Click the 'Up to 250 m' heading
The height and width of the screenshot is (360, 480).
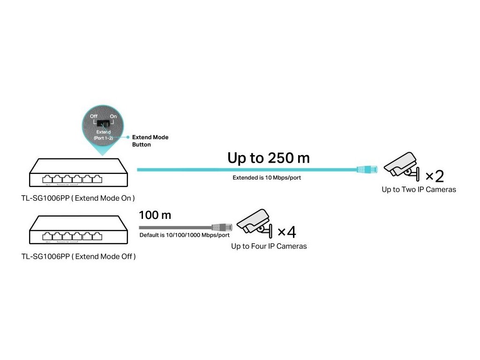[x=268, y=158]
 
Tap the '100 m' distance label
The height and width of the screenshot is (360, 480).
[x=155, y=216]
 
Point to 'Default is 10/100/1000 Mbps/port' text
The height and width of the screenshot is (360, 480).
[x=184, y=235]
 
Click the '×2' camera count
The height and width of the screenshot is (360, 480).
[x=434, y=176]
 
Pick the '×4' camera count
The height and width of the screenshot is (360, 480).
[x=286, y=232]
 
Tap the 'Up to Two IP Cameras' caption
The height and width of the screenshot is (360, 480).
[x=419, y=190]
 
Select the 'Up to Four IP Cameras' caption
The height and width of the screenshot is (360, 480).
[x=269, y=246]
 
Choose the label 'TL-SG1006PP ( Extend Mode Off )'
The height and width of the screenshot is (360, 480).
[x=79, y=257]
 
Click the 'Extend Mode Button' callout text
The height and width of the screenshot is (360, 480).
[x=150, y=141]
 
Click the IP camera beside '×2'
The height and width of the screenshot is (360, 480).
[x=401, y=165]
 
